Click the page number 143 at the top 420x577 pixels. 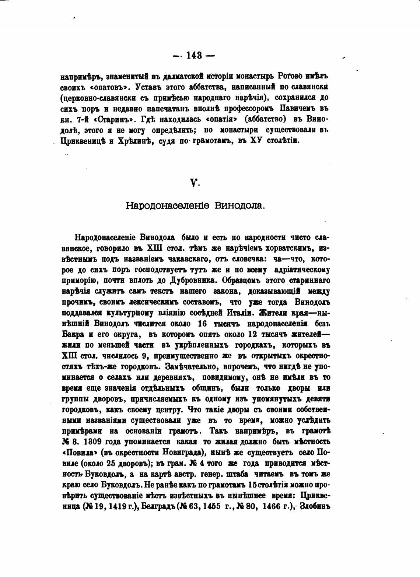194,55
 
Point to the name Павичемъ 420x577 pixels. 299,109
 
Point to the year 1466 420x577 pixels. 272,506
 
